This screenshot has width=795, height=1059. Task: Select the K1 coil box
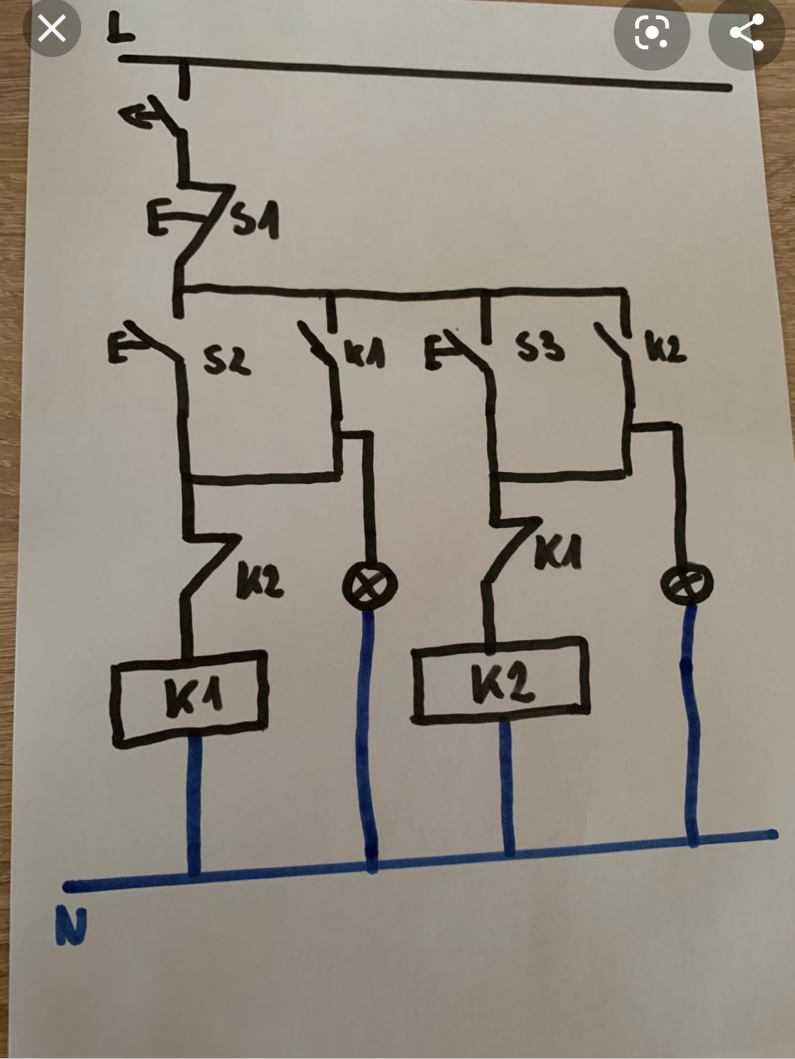189,697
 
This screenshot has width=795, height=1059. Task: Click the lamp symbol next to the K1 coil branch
369,585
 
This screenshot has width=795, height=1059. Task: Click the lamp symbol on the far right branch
687,582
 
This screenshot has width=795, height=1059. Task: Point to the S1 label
254,222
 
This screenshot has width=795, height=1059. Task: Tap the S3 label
539,347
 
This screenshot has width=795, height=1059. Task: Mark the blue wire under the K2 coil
508,785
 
